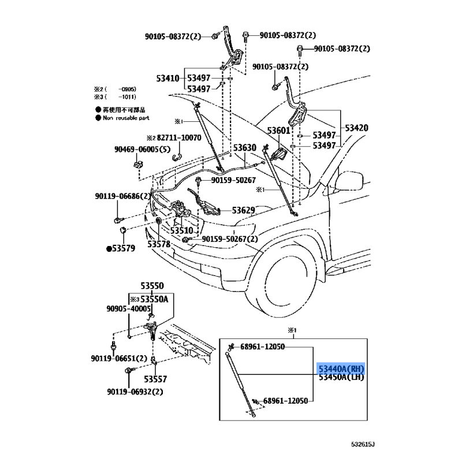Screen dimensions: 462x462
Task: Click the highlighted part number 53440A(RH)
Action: click(x=341, y=368)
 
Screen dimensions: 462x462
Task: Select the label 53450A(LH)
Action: click(x=341, y=377)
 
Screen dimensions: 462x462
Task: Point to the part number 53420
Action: click(x=357, y=128)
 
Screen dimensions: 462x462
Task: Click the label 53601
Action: click(x=278, y=131)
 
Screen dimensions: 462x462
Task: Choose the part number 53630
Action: click(x=244, y=148)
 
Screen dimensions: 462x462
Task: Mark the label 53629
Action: click(x=244, y=210)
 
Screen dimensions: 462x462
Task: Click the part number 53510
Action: click(x=181, y=230)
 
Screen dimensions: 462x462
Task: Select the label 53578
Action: click(x=159, y=244)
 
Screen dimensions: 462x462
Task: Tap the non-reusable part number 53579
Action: click(x=122, y=249)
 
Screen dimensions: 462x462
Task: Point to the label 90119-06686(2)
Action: click(x=123, y=196)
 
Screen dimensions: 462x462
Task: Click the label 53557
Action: click(x=155, y=380)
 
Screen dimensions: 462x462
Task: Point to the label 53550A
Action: click(x=156, y=299)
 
